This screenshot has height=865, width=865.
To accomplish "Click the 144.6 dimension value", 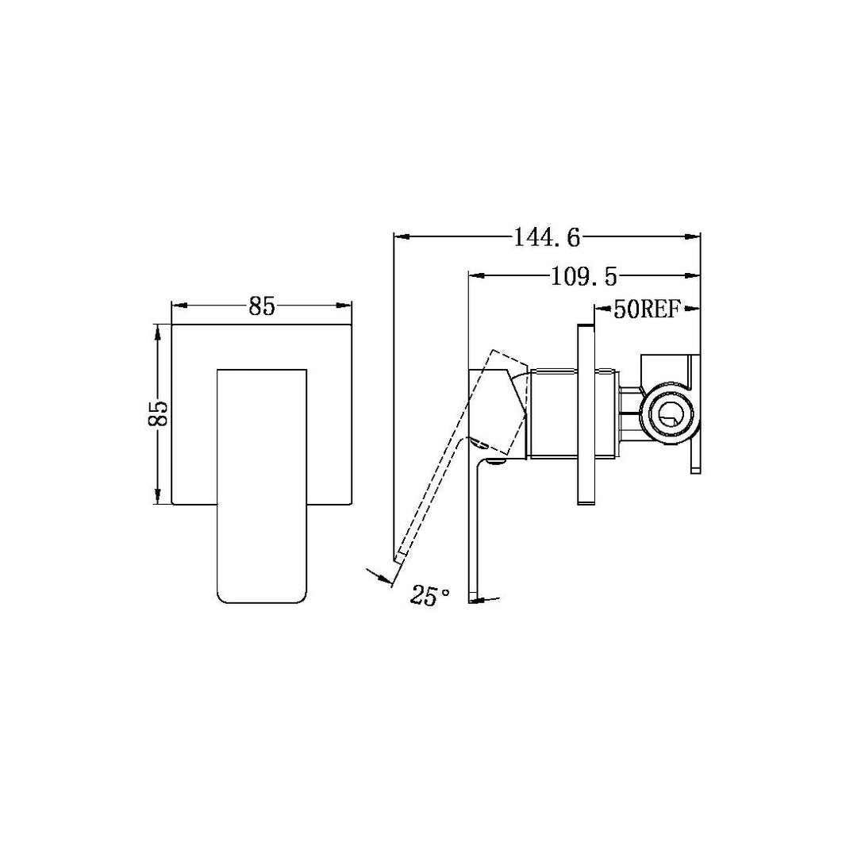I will tap(548, 236).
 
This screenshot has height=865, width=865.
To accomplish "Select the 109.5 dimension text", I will tap(583, 276).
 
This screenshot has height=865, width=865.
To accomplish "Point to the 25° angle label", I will tap(430, 595).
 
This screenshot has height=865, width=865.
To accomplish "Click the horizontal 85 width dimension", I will tap(261, 306).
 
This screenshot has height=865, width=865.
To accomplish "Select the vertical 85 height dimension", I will tap(158, 413).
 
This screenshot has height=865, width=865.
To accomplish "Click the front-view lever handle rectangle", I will tap(261, 484).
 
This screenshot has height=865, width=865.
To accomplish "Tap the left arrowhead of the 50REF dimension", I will tap(599, 309).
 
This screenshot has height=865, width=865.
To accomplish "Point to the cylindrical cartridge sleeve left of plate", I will tap(559, 413).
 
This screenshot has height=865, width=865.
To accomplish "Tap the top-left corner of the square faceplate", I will tap(172, 324).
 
